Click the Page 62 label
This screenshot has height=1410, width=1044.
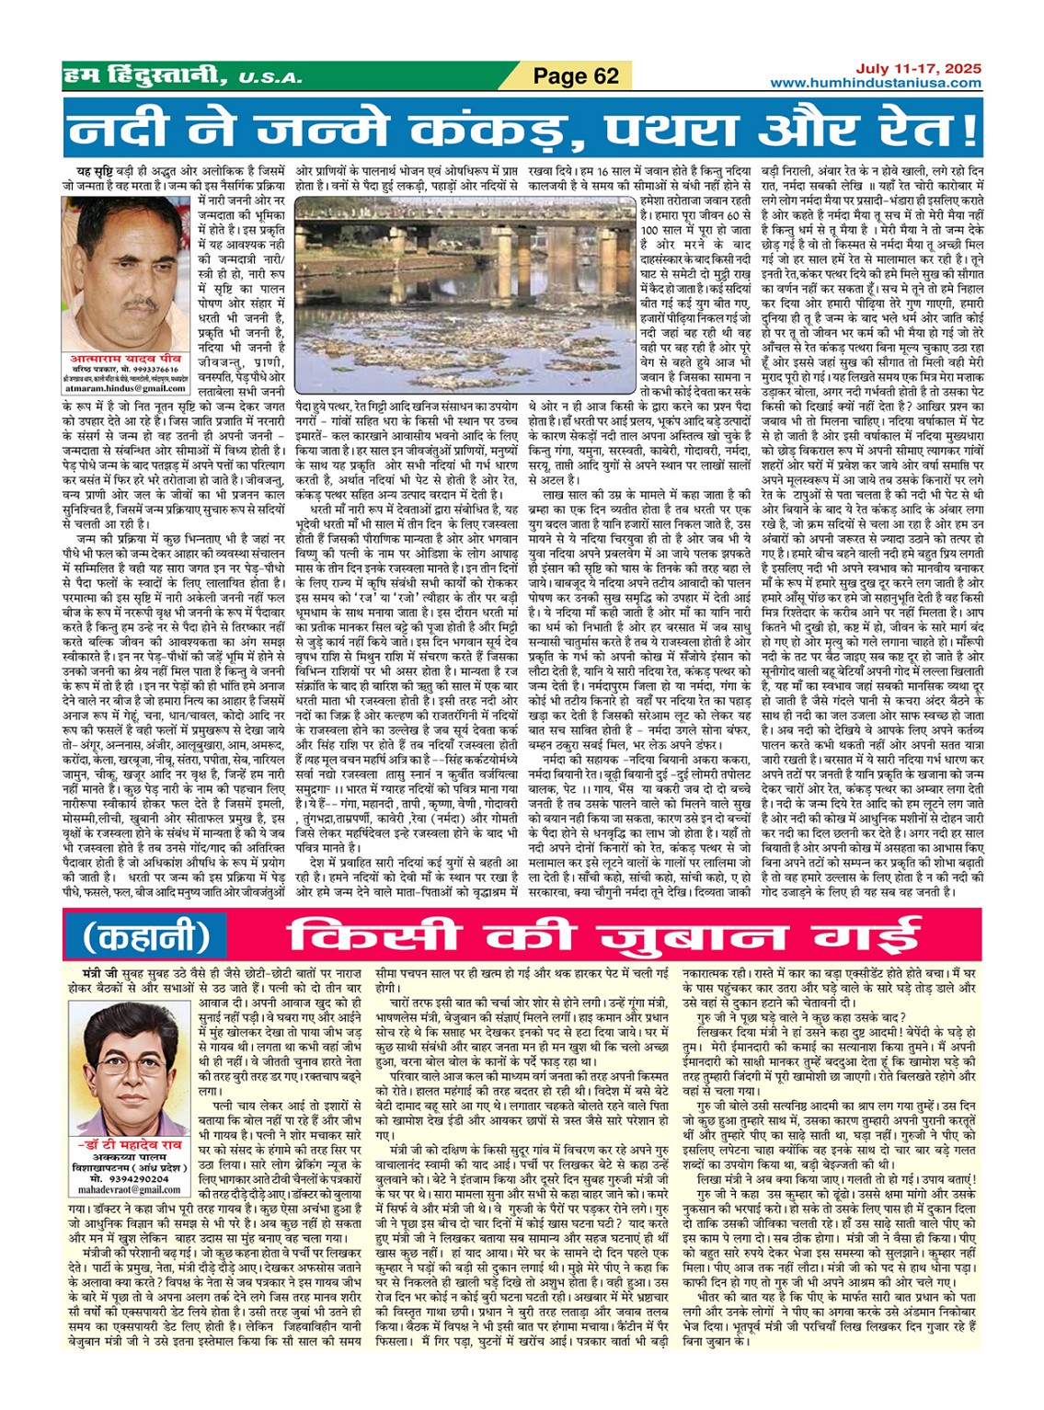576,76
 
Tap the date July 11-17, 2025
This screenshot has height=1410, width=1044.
918,69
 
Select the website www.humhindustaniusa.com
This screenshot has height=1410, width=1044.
875,83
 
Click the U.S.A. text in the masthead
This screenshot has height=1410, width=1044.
270,78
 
